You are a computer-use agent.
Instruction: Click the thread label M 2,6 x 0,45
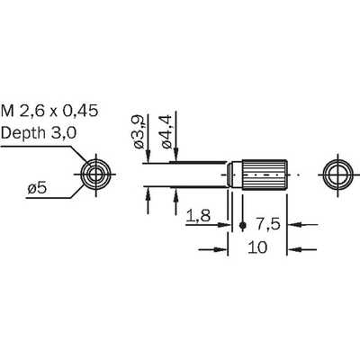(49, 111)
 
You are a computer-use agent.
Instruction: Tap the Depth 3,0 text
(39, 132)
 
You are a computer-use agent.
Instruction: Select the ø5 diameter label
(37, 189)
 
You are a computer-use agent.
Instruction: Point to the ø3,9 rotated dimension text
(139, 132)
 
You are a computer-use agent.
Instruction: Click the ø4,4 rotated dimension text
(166, 132)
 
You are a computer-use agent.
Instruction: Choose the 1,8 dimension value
(198, 216)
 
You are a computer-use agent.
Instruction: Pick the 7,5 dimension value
(267, 224)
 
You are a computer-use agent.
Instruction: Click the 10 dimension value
(257, 247)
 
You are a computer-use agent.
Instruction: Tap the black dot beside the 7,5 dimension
(243, 225)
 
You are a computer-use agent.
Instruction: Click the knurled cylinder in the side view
(265, 175)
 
